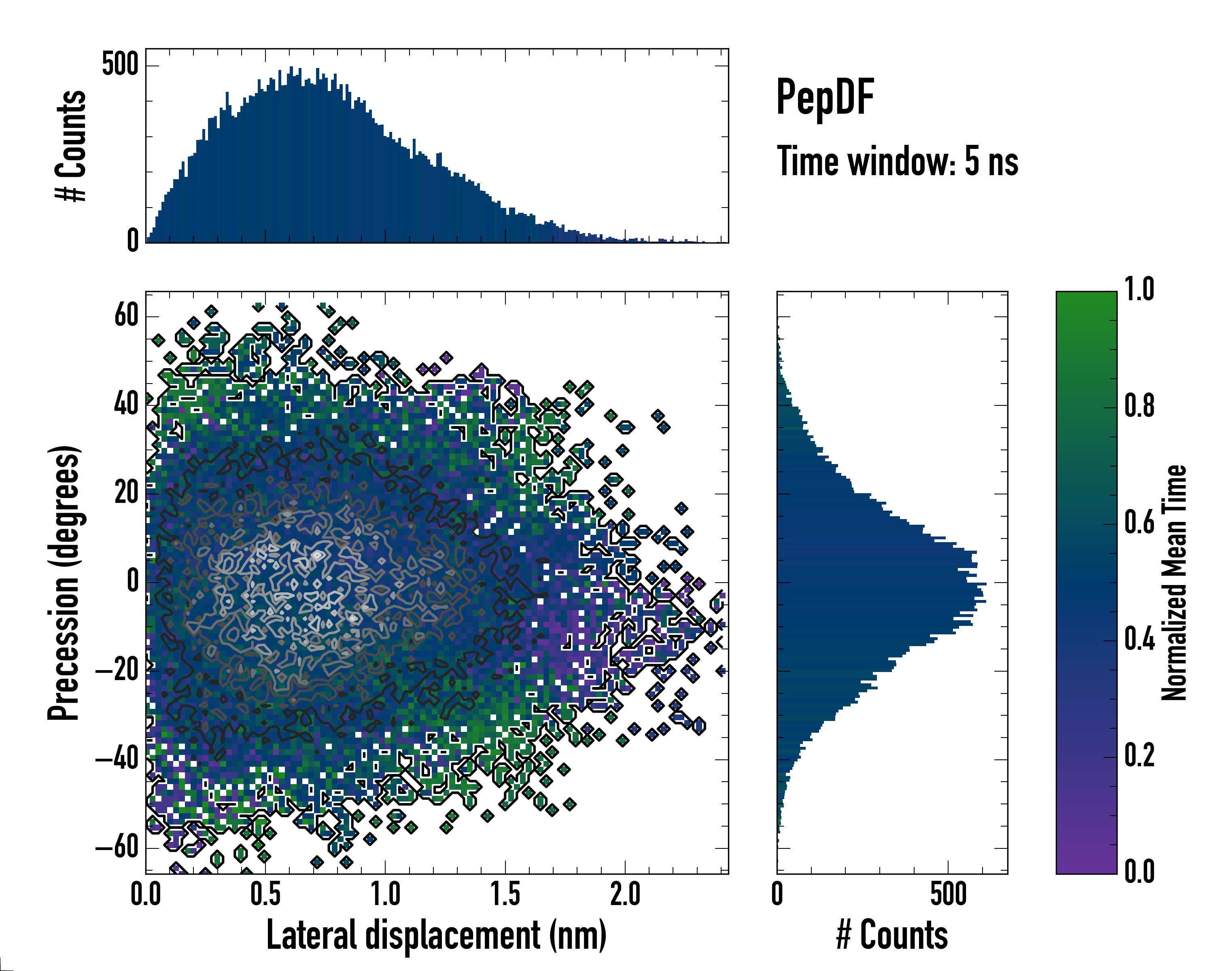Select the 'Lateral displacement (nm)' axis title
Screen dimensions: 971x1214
pyautogui.click(x=436, y=935)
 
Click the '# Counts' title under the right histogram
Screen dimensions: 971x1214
pyautogui.click(x=892, y=935)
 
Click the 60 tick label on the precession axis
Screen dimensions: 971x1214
pyautogui.click(x=126, y=316)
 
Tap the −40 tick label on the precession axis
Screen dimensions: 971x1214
pyautogui.click(x=117, y=759)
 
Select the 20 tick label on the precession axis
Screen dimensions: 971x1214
pyautogui.click(x=126, y=493)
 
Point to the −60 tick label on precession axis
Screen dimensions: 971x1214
pyautogui.click(x=117, y=848)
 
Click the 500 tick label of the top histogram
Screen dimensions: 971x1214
pyautogui.click(x=120, y=65)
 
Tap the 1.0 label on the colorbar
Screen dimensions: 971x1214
pyautogui.click(x=1139, y=290)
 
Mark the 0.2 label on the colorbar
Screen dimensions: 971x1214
pyautogui.click(x=1139, y=755)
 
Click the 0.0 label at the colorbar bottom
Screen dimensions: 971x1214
pyautogui.click(x=1139, y=871)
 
